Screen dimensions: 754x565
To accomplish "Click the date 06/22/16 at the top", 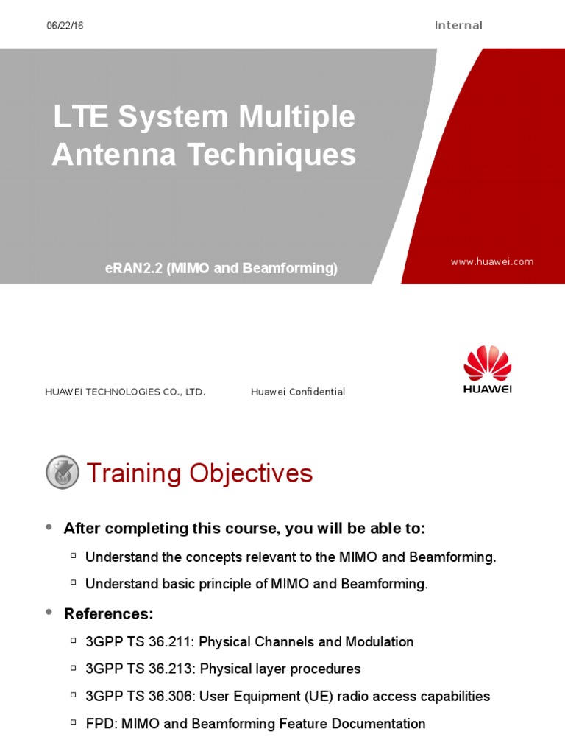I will tap(65, 26).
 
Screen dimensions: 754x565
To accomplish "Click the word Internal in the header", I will tap(458, 26).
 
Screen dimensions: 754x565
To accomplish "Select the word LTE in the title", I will tap(77, 118).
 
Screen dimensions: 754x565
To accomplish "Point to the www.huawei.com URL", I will tap(492, 261).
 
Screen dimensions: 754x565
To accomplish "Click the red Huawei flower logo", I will tap(487, 363).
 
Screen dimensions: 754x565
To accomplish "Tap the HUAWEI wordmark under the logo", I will tap(487, 390).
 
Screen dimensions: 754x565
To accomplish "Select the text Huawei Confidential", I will tap(298, 392).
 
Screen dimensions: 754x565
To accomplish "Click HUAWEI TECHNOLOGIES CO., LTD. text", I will tap(126, 392).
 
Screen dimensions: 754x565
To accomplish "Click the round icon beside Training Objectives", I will tap(63, 473).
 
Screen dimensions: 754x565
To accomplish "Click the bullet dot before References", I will tap(49, 613).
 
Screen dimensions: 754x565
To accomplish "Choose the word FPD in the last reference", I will tap(99, 724).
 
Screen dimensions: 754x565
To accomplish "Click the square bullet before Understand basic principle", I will tap(74, 583).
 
